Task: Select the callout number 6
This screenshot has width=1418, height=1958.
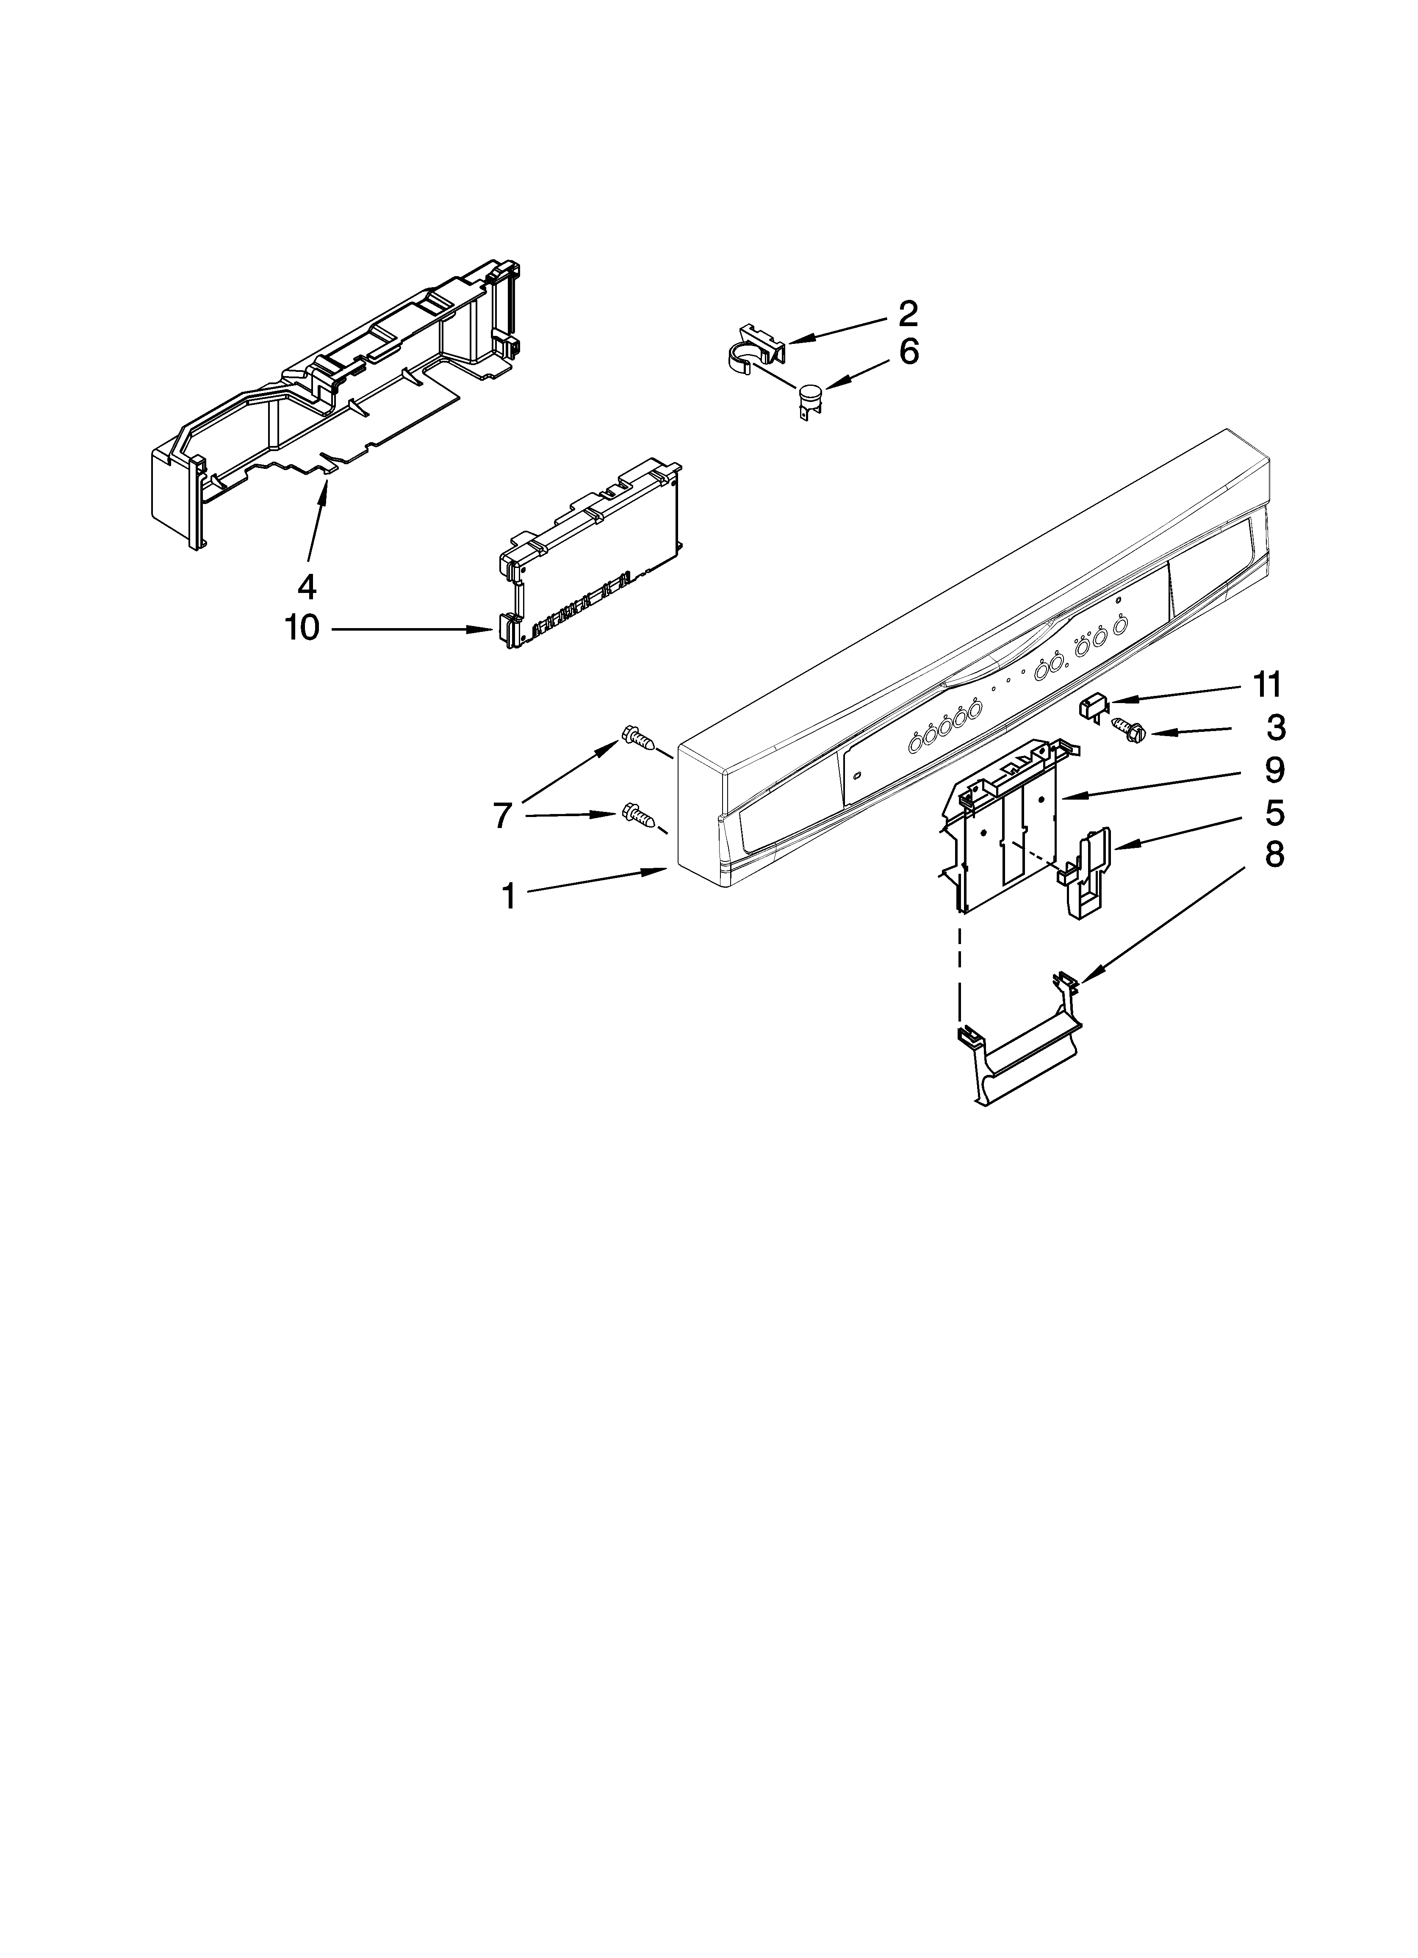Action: coord(908,353)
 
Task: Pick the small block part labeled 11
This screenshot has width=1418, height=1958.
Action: coord(1092,706)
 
